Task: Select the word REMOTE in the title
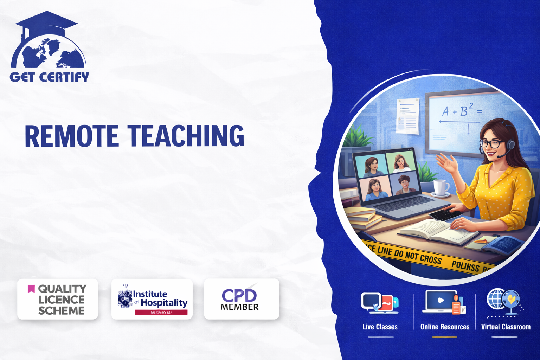point(72,136)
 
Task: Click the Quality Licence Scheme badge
point(58,299)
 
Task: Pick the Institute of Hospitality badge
point(152,299)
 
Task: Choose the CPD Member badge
point(241,299)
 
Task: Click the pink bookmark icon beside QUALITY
point(31,289)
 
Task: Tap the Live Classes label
point(380,327)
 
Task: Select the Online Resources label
point(445,327)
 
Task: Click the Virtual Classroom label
point(506,327)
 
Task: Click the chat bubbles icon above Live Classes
point(379,302)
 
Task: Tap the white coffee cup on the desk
point(440,187)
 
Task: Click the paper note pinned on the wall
point(408,116)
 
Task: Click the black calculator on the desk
point(445,214)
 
